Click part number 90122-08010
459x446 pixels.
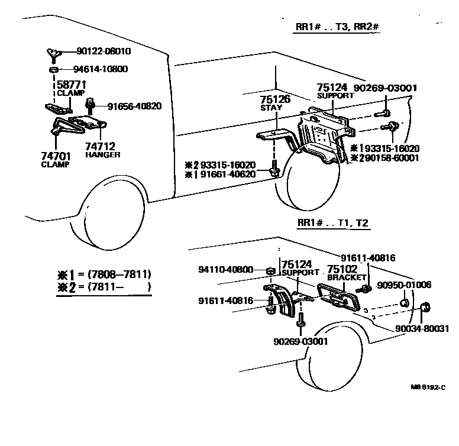[104, 52]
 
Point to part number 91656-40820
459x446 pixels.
[134, 106]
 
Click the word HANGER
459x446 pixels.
[102, 154]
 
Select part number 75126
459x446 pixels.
[276, 99]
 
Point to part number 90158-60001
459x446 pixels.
[390, 158]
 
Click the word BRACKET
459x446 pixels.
[344, 277]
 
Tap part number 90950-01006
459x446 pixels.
[406, 285]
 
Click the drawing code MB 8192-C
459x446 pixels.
[427, 388]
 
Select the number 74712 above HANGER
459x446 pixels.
[99, 146]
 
